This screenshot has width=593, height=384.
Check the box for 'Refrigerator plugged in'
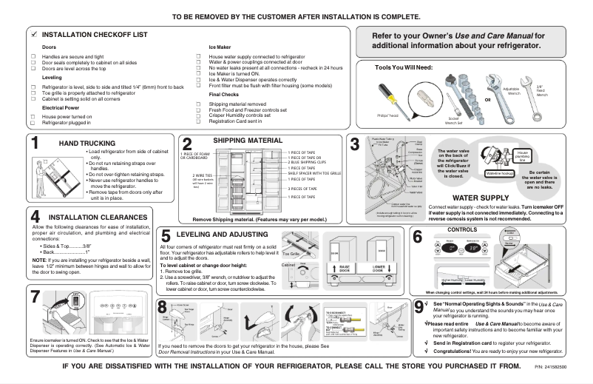point(33,122)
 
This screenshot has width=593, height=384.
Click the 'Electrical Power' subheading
point(60,107)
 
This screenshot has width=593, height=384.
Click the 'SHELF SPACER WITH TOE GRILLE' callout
point(313,172)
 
